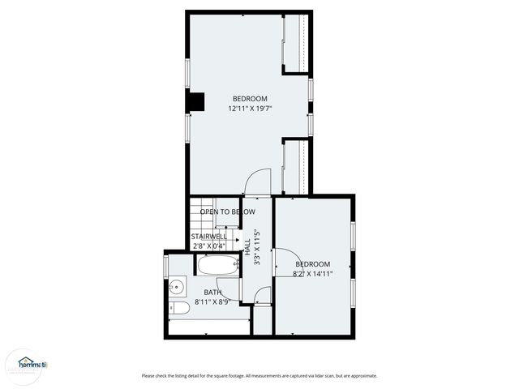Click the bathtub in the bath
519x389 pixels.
[x=217, y=266]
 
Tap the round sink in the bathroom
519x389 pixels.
[x=177, y=286]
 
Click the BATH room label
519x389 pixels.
[x=212, y=293]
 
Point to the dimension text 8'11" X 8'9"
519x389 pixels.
[x=212, y=301]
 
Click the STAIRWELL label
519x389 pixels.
[x=209, y=237]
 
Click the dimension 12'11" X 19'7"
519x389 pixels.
[x=249, y=108]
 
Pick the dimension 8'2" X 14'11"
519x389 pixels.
[x=312, y=274]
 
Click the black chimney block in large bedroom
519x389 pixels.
[x=195, y=103]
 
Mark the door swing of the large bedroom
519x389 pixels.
[x=258, y=182]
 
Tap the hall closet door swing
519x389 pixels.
[x=261, y=296]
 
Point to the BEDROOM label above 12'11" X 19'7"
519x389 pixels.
[x=249, y=99]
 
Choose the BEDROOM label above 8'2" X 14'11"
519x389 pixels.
[x=312, y=264]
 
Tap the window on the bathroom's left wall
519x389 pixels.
[x=166, y=265]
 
